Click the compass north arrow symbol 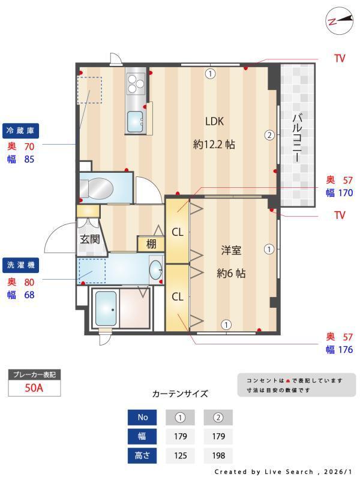click(338, 21)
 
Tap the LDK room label click(214, 122)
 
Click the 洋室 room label click(231, 250)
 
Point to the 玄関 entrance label click(89, 239)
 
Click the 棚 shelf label click(151, 244)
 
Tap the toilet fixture click(97, 188)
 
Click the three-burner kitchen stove click(136, 83)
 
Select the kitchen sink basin click(135, 122)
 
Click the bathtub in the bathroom click(106, 308)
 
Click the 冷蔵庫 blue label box click(20, 131)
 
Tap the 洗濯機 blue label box click(20, 265)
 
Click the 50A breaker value click(34, 388)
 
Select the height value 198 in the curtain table click(218, 455)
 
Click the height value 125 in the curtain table click(181, 455)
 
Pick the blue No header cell click(142, 417)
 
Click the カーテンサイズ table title click(180, 394)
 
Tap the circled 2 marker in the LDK click(269, 135)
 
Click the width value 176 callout click(346, 350)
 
